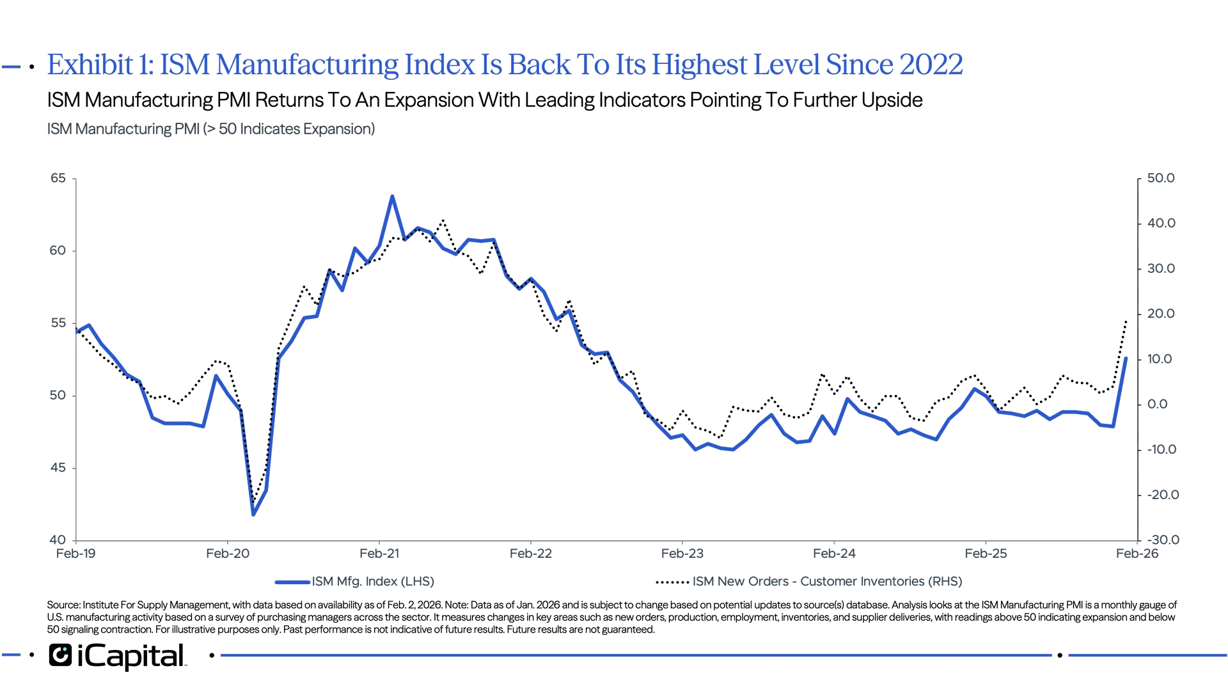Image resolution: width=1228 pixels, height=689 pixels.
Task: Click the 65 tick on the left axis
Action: pos(58,178)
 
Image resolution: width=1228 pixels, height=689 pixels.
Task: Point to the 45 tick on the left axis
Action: pos(58,468)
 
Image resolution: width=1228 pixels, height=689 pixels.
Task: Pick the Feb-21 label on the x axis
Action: pos(380,554)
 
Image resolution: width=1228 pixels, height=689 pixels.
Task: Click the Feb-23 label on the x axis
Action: pos(682,554)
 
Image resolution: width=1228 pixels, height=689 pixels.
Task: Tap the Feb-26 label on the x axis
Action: pos(1137,554)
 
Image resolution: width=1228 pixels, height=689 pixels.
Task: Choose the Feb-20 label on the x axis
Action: pos(228,554)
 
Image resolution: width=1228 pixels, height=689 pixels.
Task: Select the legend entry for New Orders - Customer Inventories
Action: pos(827,582)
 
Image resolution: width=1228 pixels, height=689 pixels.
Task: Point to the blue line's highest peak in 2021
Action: pos(393,197)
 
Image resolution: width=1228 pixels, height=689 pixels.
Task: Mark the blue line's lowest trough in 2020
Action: pos(254,515)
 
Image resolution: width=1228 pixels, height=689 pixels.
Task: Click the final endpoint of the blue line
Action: pos(1126,359)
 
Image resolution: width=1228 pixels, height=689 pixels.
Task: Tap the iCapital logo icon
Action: pos(60,656)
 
